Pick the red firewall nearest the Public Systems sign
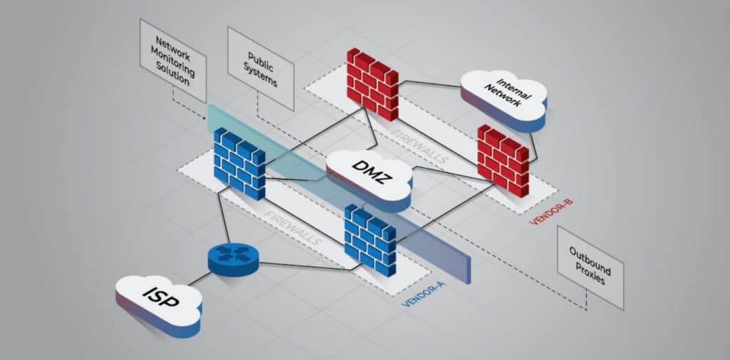[x=372, y=83]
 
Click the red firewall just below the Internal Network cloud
[x=503, y=161]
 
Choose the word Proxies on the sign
[x=589, y=276]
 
